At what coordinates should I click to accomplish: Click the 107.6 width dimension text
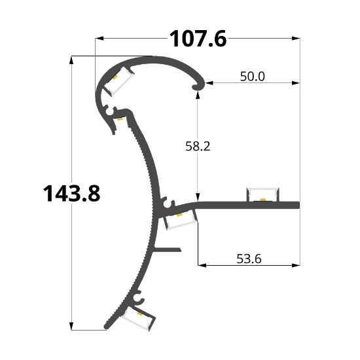pos(198,39)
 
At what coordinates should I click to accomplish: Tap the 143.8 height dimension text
pos(71,194)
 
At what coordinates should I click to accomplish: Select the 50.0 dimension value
pos(252,77)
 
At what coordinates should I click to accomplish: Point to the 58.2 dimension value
pos(198,146)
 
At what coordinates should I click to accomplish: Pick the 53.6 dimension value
pos(249,259)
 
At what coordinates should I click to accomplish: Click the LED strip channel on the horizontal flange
pos(263,194)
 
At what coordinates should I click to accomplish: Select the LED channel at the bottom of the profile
pos(139,318)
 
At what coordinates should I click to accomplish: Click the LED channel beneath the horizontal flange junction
pos(180,220)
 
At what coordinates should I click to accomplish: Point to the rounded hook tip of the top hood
pos(199,85)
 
